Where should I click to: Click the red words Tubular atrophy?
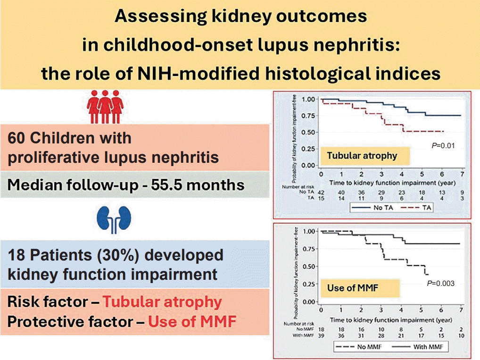[162, 302]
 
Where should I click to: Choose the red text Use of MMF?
[192, 322]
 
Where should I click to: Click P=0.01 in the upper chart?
[443, 146]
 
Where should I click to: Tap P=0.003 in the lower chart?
[440, 283]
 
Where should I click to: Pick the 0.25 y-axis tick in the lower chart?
[309, 284]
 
